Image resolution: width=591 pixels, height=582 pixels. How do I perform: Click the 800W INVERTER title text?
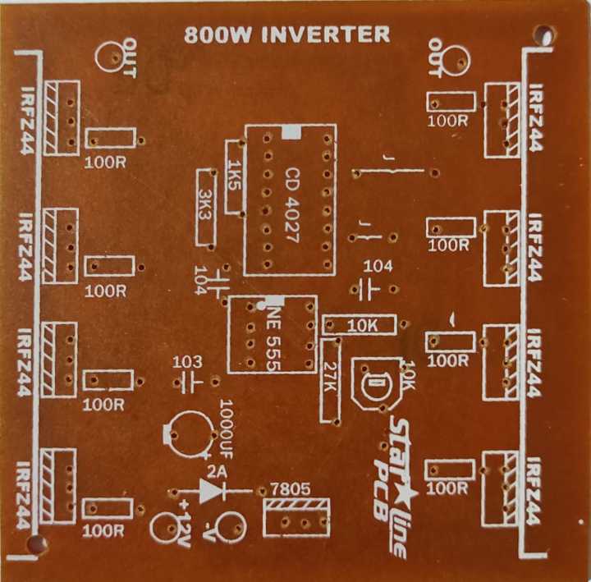click(x=287, y=34)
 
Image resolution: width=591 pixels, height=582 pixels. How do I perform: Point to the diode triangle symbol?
click(x=212, y=491)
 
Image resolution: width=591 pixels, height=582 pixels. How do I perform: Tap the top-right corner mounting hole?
click(x=543, y=35)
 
